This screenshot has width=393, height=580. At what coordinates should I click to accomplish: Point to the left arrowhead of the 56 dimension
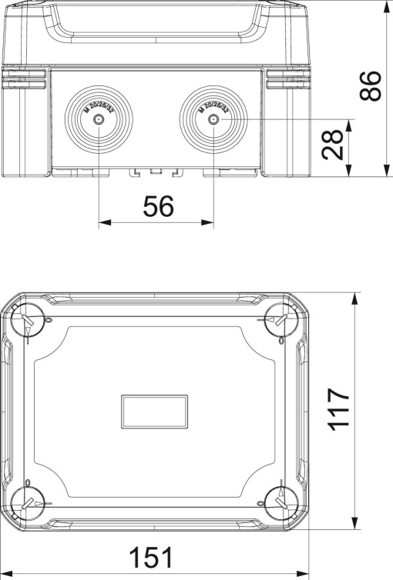tap(103, 223)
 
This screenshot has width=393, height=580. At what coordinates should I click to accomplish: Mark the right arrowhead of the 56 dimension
tap(209, 223)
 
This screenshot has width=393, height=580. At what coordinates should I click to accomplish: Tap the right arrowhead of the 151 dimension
tap(304, 573)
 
